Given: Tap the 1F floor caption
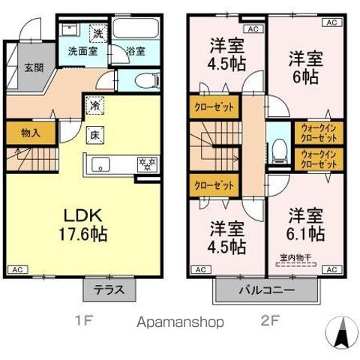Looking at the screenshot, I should (83, 322).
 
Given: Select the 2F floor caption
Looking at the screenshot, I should (268, 322).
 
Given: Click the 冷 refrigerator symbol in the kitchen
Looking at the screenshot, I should (95, 106).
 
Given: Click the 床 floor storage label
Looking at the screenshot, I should (95, 136).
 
